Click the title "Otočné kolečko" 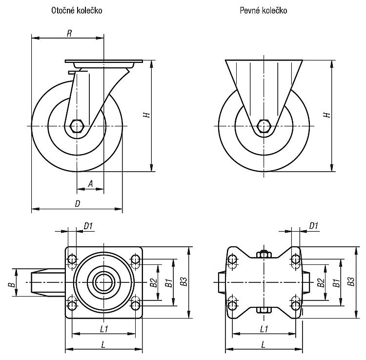[x=77, y=11]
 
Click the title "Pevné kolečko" [x=264, y=11]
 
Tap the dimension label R [x=69, y=33]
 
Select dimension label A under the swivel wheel [x=90, y=184]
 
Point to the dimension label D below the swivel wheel [x=77, y=204]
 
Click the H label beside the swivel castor [x=147, y=115]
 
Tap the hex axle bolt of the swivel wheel [x=76, y=126]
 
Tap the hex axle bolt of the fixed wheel [x=264, y=126]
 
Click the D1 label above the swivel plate [x=88, y=226]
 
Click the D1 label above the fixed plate [x=314, y=226]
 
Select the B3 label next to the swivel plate [x=184, y=281]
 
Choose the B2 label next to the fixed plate [x=321, y=282]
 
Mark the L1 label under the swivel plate [x=104, y=329]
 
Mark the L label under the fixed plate [x=264, y=344]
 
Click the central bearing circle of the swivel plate [x=104, y=282]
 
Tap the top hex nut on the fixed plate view [x=264, y=254]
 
